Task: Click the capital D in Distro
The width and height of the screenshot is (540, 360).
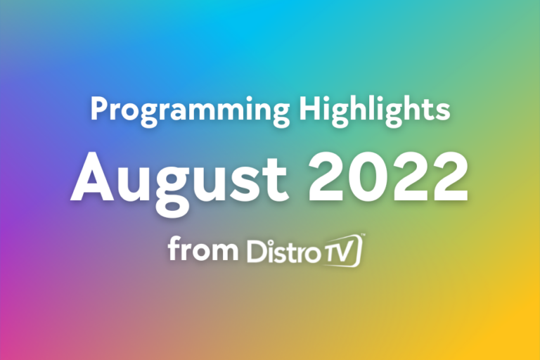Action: tap(257, 251)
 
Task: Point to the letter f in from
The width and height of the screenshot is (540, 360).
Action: tap(174, 249)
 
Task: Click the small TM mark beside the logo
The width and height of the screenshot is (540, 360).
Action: tap(363, 236)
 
